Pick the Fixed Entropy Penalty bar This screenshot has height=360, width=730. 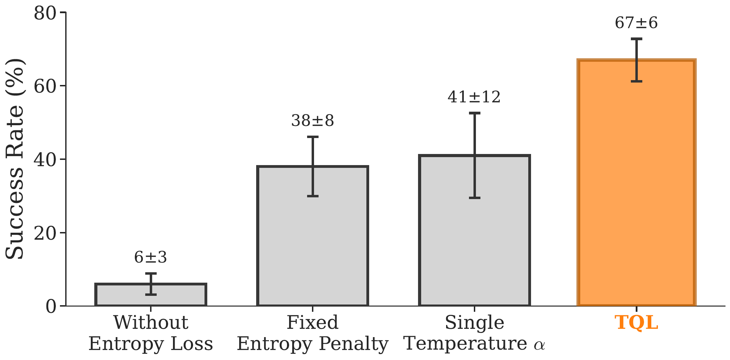312,243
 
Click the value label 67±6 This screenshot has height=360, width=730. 636,23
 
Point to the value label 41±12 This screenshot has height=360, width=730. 474,97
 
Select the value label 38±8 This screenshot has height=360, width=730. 312,121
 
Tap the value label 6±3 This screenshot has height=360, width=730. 150,257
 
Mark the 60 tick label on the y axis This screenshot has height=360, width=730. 45,86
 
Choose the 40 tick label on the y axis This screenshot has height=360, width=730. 45,160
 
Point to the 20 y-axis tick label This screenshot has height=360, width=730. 45,233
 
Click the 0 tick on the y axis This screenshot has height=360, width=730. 51,306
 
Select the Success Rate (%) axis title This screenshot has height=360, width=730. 15,160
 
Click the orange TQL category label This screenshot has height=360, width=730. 636,323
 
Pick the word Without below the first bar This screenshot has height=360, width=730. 151,323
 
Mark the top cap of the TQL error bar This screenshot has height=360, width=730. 636,39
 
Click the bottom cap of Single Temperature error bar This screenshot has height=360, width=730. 475,198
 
